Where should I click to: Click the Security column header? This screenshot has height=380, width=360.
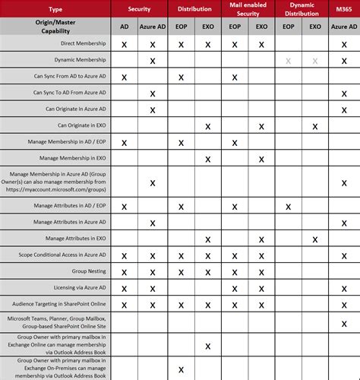[x=138, y=8]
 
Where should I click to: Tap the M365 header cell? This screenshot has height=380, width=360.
[x=344, y=8]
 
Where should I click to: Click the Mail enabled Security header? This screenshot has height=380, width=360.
[x=248, y=8]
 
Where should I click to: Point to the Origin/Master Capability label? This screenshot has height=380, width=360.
[x=55, y=27]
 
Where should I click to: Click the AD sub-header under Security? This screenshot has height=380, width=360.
[x=125, y=27]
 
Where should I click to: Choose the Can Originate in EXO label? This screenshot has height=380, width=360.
[x=84, y=125]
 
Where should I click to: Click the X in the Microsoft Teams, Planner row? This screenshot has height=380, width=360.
[x=344, y=323]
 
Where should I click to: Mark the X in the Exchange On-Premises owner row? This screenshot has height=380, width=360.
[x=180, y=369]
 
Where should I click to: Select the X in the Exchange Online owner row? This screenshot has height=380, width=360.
[x=207, y=346]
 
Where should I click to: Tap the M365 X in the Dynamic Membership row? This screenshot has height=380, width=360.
[x=344, y=61]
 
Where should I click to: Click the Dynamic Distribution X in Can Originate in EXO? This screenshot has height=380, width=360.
[x=316, y=126]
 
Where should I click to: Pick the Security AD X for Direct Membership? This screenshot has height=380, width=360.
[x=125, y=45]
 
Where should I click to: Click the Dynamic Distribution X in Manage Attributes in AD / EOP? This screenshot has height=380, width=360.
[x=289, y=206]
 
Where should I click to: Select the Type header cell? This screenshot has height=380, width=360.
[x=55, y=8]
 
